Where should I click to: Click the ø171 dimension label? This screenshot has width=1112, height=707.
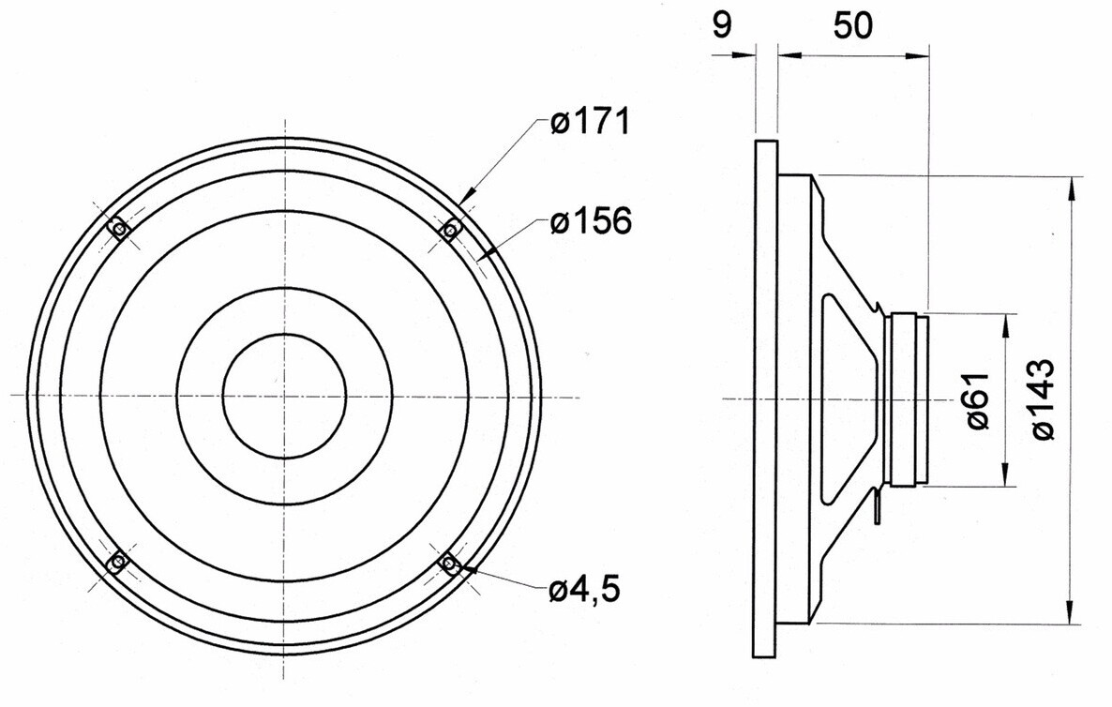[590, 121]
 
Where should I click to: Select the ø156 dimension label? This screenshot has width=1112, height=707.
[591, 221]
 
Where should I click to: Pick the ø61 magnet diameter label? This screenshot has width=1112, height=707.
[977, 400]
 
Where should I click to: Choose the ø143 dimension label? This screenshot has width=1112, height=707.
[1043, 399]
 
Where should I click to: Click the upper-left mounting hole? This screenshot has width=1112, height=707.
[118, 229]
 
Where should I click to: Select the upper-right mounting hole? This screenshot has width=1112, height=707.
[450, 229]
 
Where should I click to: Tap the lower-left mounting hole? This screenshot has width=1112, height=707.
[118, 563]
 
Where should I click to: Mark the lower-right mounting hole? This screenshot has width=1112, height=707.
[449, 563]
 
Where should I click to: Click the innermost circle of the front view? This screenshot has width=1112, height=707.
[284, 334]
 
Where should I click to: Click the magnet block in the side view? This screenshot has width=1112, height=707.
[909, 399]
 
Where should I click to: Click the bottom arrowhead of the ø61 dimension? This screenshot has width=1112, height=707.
[1005, 474]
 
